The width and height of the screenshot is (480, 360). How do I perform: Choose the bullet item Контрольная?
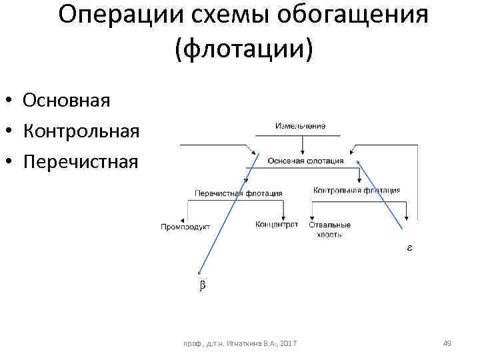click(81, 131)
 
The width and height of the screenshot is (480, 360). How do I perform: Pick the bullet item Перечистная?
click(80, 161)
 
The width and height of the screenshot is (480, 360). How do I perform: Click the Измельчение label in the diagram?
click(300, 126)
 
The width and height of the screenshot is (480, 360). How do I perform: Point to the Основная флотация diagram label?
click(306, 161)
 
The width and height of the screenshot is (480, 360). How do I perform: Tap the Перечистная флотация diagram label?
click(238, 193)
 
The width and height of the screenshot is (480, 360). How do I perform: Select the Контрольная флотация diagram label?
click(357, 191)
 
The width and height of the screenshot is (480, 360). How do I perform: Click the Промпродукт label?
click(185, 227)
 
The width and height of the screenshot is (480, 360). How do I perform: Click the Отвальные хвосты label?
click(329, 229)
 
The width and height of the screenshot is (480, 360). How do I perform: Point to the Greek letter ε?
click(409, 247)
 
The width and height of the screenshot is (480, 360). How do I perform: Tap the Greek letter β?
click(203, 285)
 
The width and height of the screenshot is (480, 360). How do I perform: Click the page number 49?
click(447, 343)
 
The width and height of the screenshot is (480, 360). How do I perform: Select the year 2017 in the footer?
click(289, 343)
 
